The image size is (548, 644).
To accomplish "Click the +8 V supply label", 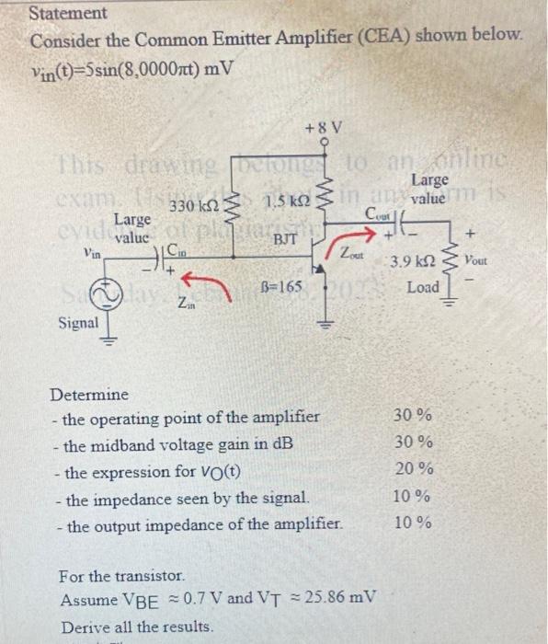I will [324, 126].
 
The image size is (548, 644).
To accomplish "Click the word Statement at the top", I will [68, 14].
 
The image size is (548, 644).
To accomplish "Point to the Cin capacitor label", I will [185, 250].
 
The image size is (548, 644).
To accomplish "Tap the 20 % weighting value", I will [413, 468].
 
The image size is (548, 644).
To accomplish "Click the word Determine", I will [89, 395].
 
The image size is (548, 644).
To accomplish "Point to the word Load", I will [423, 288].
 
